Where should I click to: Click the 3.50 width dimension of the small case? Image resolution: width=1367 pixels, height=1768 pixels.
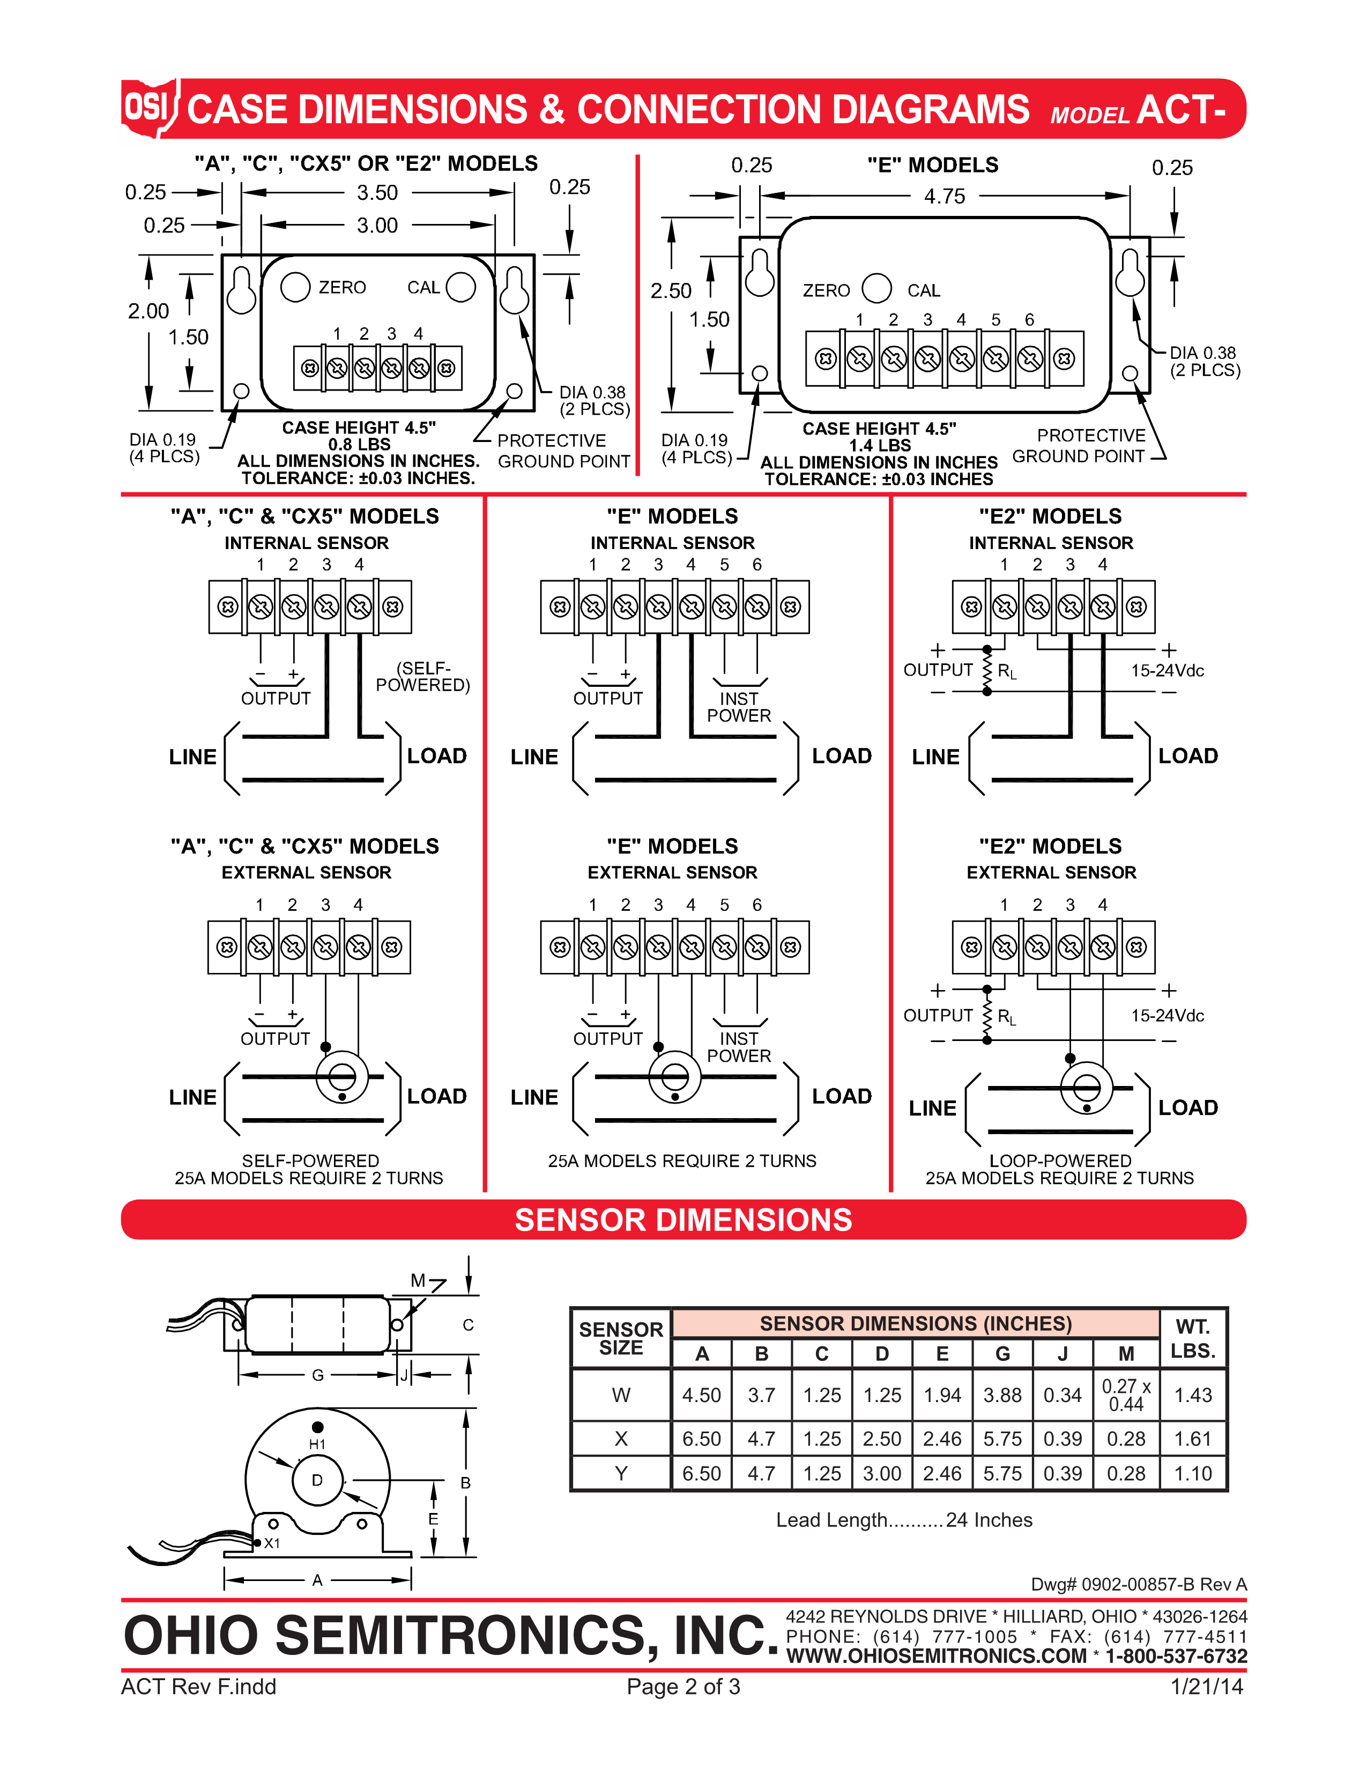coord(377,193)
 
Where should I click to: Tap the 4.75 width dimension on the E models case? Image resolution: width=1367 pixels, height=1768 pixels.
coord(944,196)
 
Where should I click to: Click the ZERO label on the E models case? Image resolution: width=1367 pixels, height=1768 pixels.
coord(826,290)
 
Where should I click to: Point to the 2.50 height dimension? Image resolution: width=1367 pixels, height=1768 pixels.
coord(671,290)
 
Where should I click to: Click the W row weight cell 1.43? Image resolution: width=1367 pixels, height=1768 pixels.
coord(1193,1395)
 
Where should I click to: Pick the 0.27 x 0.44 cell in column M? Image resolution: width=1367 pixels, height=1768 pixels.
coord(1126,1395)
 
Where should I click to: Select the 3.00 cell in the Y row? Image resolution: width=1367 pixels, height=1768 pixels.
coord(882,1473)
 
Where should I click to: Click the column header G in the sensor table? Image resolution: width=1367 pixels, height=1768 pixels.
coord(1002,1353)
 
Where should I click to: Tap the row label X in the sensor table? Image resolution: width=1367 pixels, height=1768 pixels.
coord(621,1439)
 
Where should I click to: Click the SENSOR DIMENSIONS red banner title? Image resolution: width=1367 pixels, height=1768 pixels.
coord(684,1220)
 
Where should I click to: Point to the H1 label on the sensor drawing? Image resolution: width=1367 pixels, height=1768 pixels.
coord(317,1444)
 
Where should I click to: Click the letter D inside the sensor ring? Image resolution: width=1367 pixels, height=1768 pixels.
coord(317,1480)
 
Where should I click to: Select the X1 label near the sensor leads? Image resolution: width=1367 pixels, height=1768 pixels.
coord(272,1543)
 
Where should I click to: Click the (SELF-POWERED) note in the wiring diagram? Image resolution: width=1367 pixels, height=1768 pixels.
coord(423,677)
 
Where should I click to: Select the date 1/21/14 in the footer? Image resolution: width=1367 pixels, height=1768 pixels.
coord(1206,1687)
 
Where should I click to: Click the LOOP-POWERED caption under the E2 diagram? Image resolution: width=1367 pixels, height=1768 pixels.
coord(1060,1161)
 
